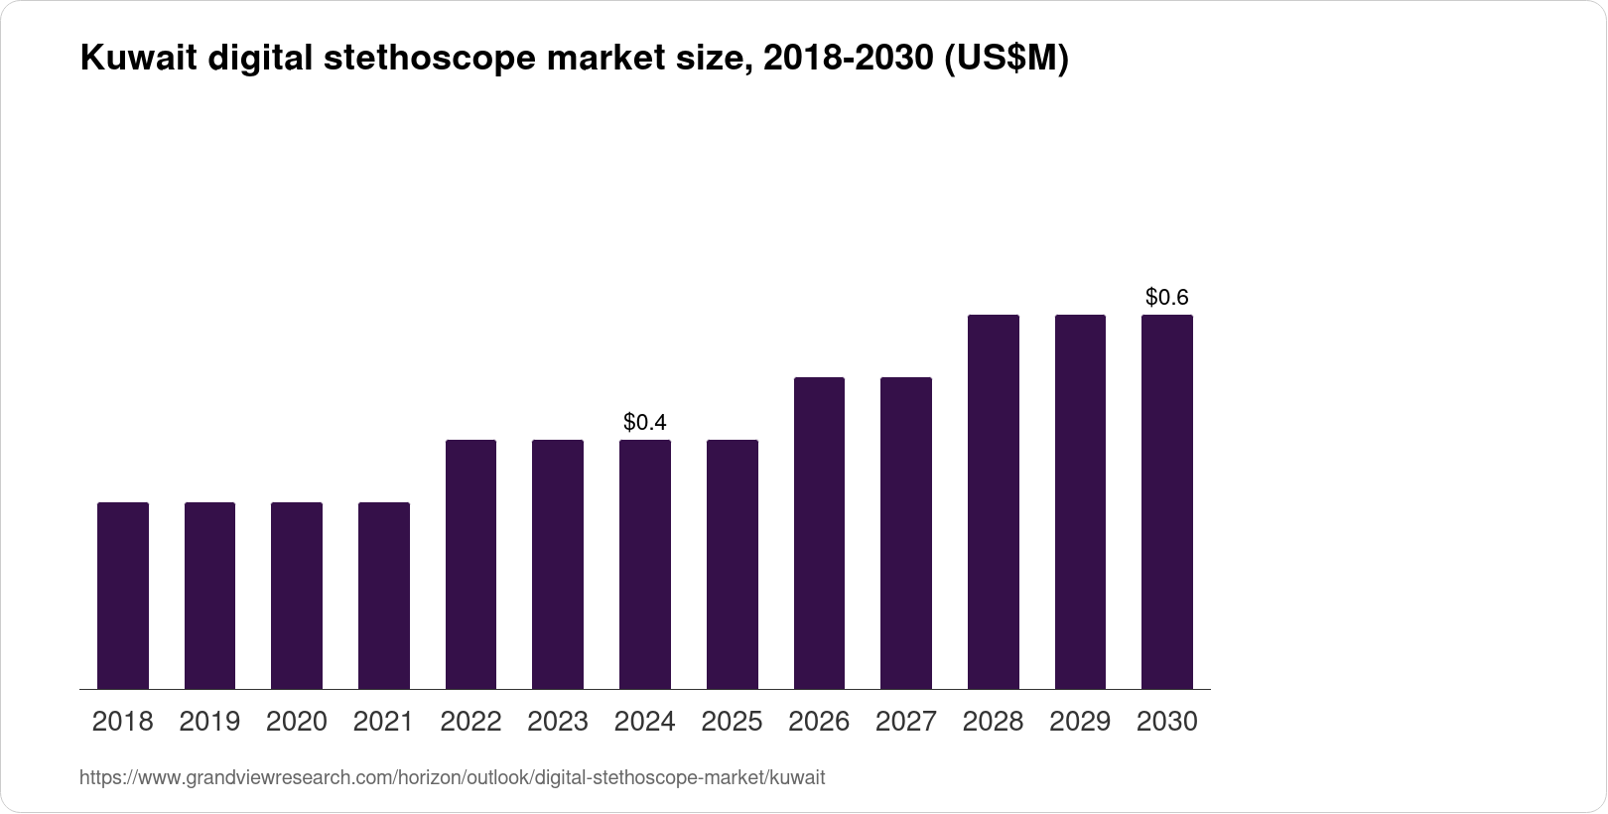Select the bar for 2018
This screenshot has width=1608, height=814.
(122, 596)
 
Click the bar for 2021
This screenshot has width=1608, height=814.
(383, 596)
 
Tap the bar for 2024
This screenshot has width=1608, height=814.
(644, 564)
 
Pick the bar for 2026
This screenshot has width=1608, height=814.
(819, 533)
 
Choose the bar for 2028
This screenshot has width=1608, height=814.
(993, 501)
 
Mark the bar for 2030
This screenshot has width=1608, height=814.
(1166, 501)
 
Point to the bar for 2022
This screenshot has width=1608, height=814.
(470, 564)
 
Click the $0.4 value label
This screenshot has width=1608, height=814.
(644, 422)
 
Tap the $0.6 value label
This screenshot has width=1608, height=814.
(1166, 297)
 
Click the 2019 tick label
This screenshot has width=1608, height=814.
(209, 722)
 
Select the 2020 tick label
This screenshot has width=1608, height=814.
(296, 722)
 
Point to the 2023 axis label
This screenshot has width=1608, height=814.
(557, 722)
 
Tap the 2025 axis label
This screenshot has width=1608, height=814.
(732, 722)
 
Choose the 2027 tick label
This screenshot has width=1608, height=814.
(905, 722)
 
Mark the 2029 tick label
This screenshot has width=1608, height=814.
(1080, 722)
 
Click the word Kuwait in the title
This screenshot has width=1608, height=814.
(138, 60)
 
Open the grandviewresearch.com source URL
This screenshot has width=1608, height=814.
(452, 778)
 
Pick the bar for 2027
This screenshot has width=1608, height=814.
(905, 533)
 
